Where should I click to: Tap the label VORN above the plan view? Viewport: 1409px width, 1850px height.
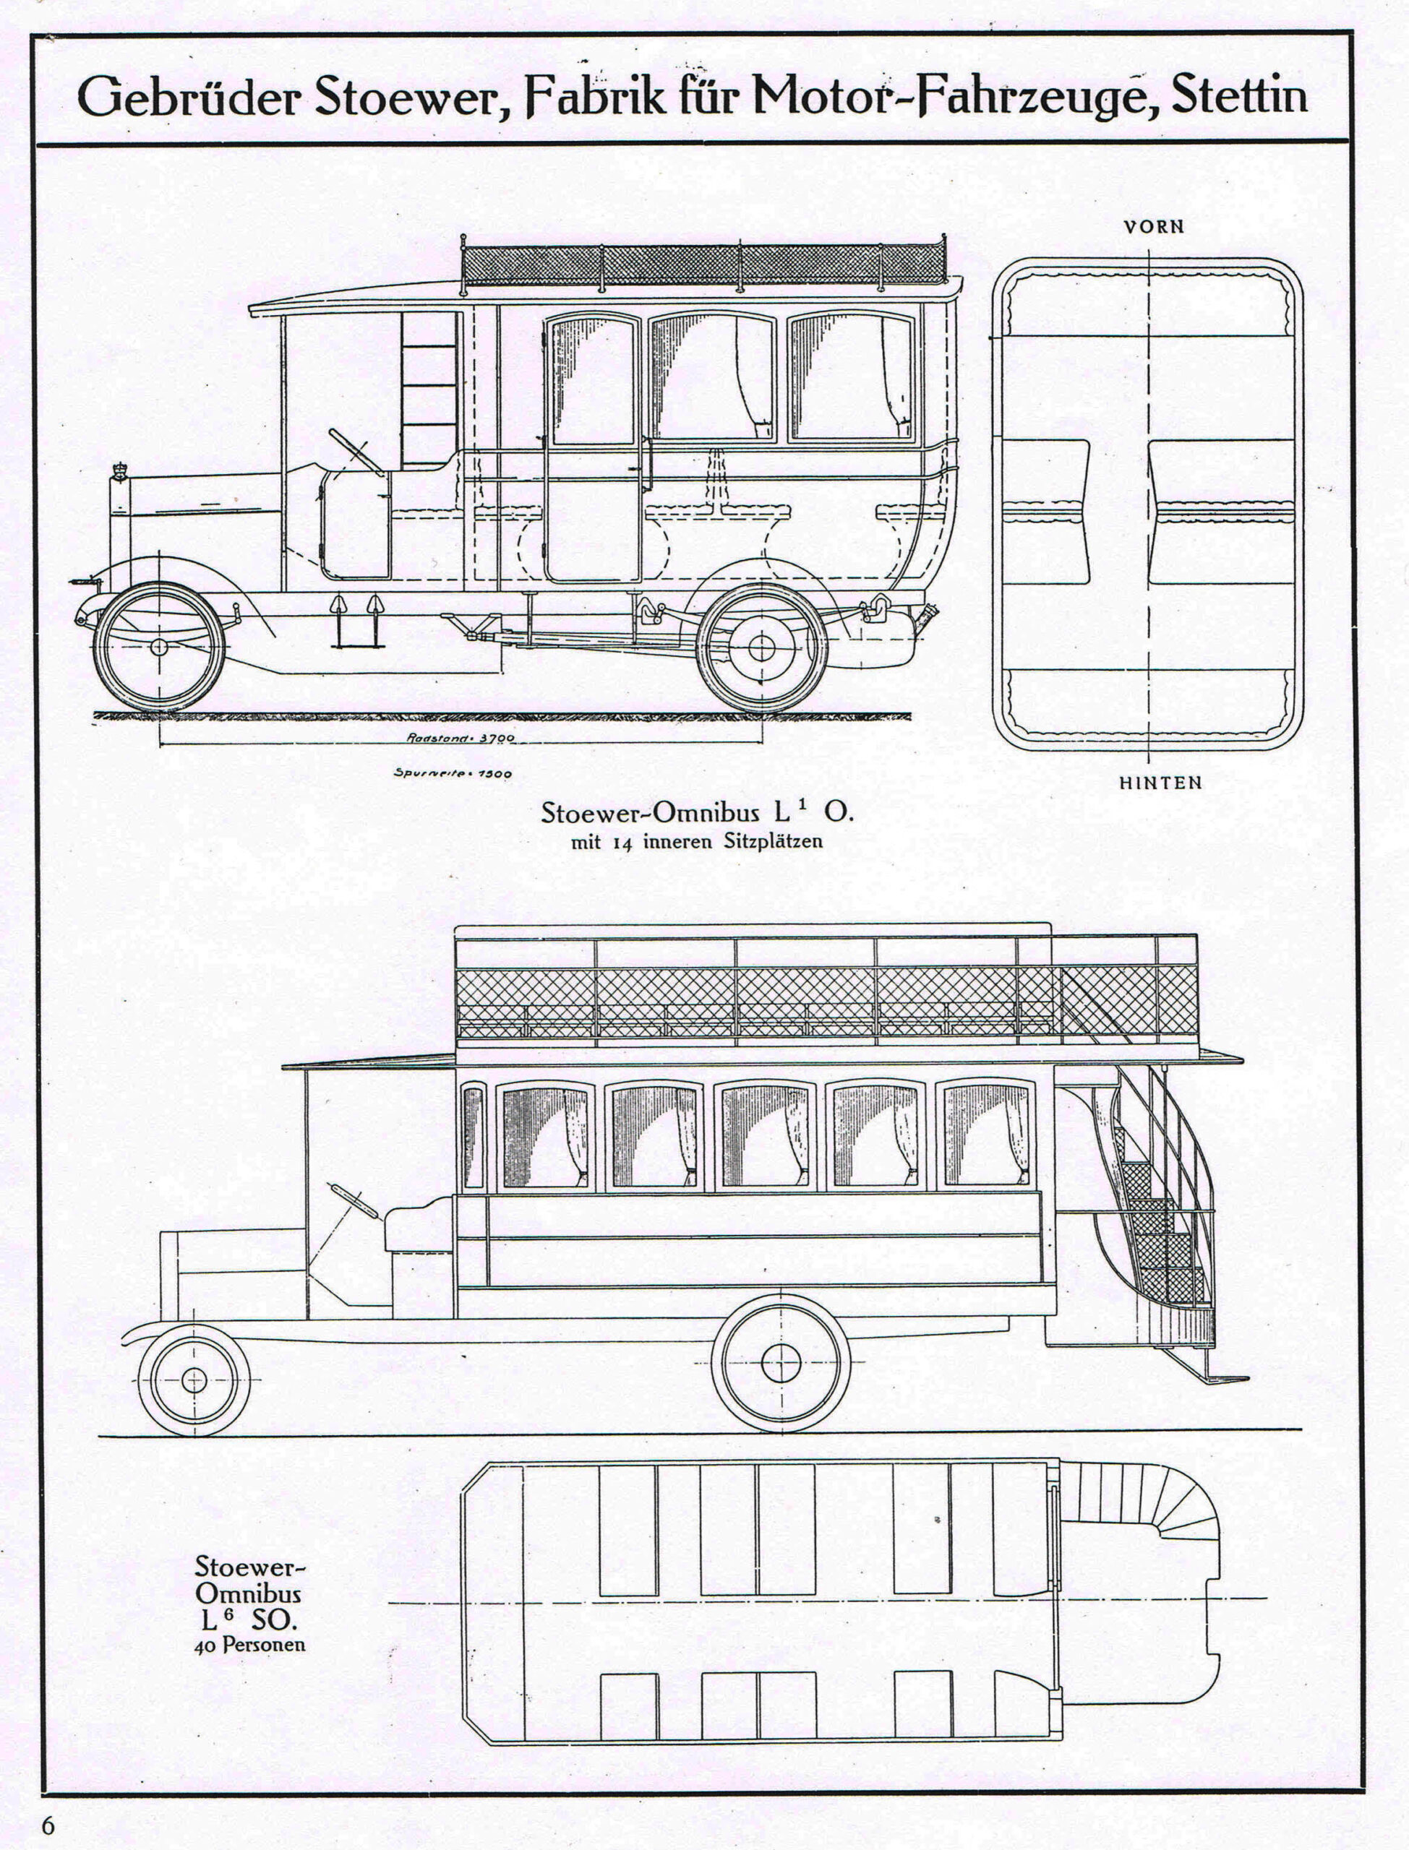tap(1154, 226)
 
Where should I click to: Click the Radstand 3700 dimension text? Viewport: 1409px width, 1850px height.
tap(461, 739)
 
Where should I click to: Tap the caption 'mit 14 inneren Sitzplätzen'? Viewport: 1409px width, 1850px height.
tap(696, 843)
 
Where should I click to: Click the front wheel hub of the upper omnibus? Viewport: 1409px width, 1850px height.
tap(159, 647)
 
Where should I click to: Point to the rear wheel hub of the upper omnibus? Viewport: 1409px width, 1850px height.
tap(761, 647)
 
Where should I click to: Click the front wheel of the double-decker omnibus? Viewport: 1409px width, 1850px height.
tap(194, 1380)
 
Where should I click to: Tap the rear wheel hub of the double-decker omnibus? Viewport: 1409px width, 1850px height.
tap(781, 1363)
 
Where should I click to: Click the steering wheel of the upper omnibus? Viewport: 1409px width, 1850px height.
tap(357, 450)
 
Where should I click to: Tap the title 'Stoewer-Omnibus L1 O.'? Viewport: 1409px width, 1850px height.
tap(696, 812)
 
